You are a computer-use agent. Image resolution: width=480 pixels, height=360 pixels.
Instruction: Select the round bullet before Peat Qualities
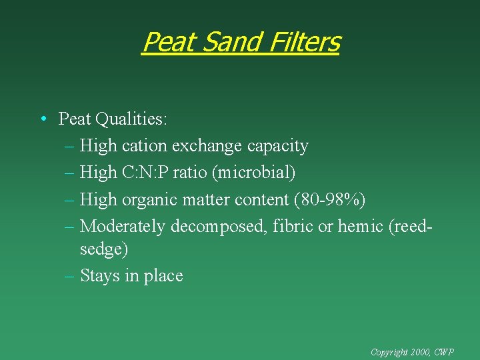[x=42, y=119]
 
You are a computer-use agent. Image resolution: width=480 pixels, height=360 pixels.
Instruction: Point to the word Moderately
[x=123, y=226]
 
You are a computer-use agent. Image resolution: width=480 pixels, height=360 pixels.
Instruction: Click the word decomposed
[x=221, y=226]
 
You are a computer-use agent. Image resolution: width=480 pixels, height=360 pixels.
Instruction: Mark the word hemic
[x=361, y=226]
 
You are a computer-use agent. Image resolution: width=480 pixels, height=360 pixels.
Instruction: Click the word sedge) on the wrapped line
[x=104, y=249]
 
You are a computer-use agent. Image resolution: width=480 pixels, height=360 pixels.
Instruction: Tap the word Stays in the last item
[x=100, y=275]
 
